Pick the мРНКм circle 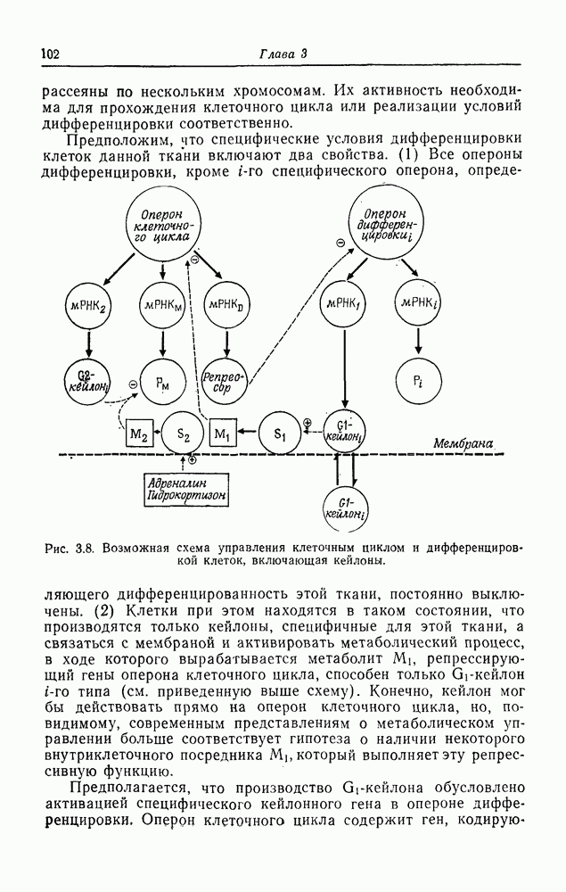[161, 305]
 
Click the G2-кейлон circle [89, 379]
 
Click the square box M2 [139, 434]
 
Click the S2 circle [183, 434]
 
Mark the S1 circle [280, 434]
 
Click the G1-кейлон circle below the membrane [343, 510]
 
